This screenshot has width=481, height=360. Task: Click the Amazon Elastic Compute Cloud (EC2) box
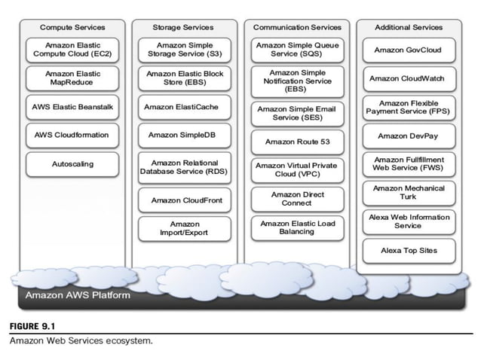tap(72, 50)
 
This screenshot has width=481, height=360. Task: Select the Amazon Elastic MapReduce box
tap(72, 78)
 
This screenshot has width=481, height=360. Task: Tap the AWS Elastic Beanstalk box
tap(72, 107)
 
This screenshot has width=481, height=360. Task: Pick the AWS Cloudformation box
tap(72, 135)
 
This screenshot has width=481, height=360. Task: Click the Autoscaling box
tap(72, 163)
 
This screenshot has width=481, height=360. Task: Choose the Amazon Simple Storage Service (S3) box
tap(185, 50)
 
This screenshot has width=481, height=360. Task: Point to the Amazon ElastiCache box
tap(185, 107)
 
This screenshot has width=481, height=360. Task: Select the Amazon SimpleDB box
tap(185, 135)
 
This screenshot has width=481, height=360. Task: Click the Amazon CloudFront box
tap(185, 200)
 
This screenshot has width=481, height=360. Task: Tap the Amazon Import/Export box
tap(185, 228)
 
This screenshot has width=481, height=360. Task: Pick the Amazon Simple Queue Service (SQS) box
tap(296, 50)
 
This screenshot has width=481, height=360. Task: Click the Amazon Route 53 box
tap(296, 141)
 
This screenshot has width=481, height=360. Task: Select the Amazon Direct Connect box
tap(296, 199)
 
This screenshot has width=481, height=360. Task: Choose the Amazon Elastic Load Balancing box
tap(296, 227)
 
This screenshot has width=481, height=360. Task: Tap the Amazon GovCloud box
tap(408, 50)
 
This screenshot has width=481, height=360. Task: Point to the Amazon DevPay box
tap(408, 136)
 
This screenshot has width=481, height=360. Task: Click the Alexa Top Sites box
tap(408, 250)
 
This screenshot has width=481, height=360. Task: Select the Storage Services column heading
tap(185, 27)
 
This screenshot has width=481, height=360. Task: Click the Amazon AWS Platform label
tap(78, 294)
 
